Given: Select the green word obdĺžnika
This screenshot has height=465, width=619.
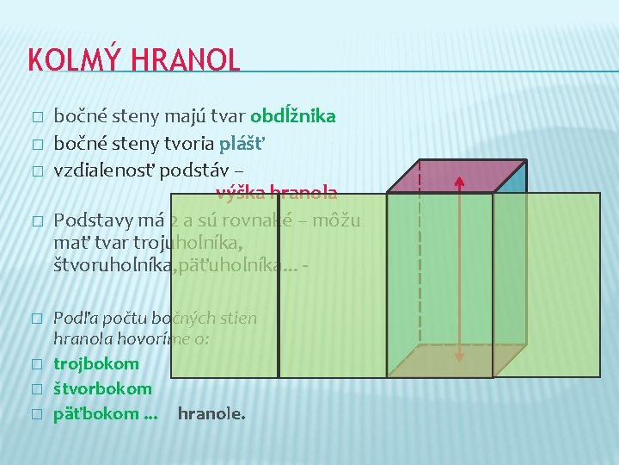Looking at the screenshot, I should point(292,116).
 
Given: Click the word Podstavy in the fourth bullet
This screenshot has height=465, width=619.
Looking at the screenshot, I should point(88,220).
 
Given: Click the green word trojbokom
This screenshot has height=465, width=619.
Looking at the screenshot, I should point(95,364).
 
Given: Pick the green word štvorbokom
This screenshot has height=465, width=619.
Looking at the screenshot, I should point(102,389).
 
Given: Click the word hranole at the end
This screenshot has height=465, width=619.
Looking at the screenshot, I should point(211,414).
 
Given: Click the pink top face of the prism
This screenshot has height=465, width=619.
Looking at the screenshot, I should point(456,177).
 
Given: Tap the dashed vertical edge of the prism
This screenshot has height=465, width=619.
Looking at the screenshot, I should point(420,258).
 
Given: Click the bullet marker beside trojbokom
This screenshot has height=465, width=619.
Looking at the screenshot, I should point(35,365).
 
